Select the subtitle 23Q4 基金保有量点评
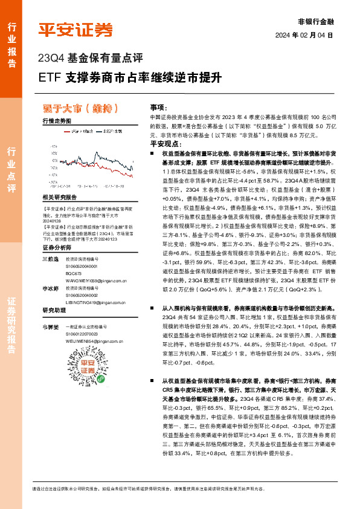[90, 59]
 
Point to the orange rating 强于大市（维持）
[84, 109]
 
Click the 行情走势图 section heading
[57, 121]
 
